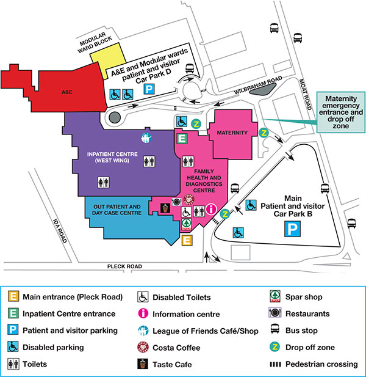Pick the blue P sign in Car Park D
[148, 89]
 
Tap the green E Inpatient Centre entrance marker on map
[181, 138]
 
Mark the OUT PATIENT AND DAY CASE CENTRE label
[117, 211]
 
